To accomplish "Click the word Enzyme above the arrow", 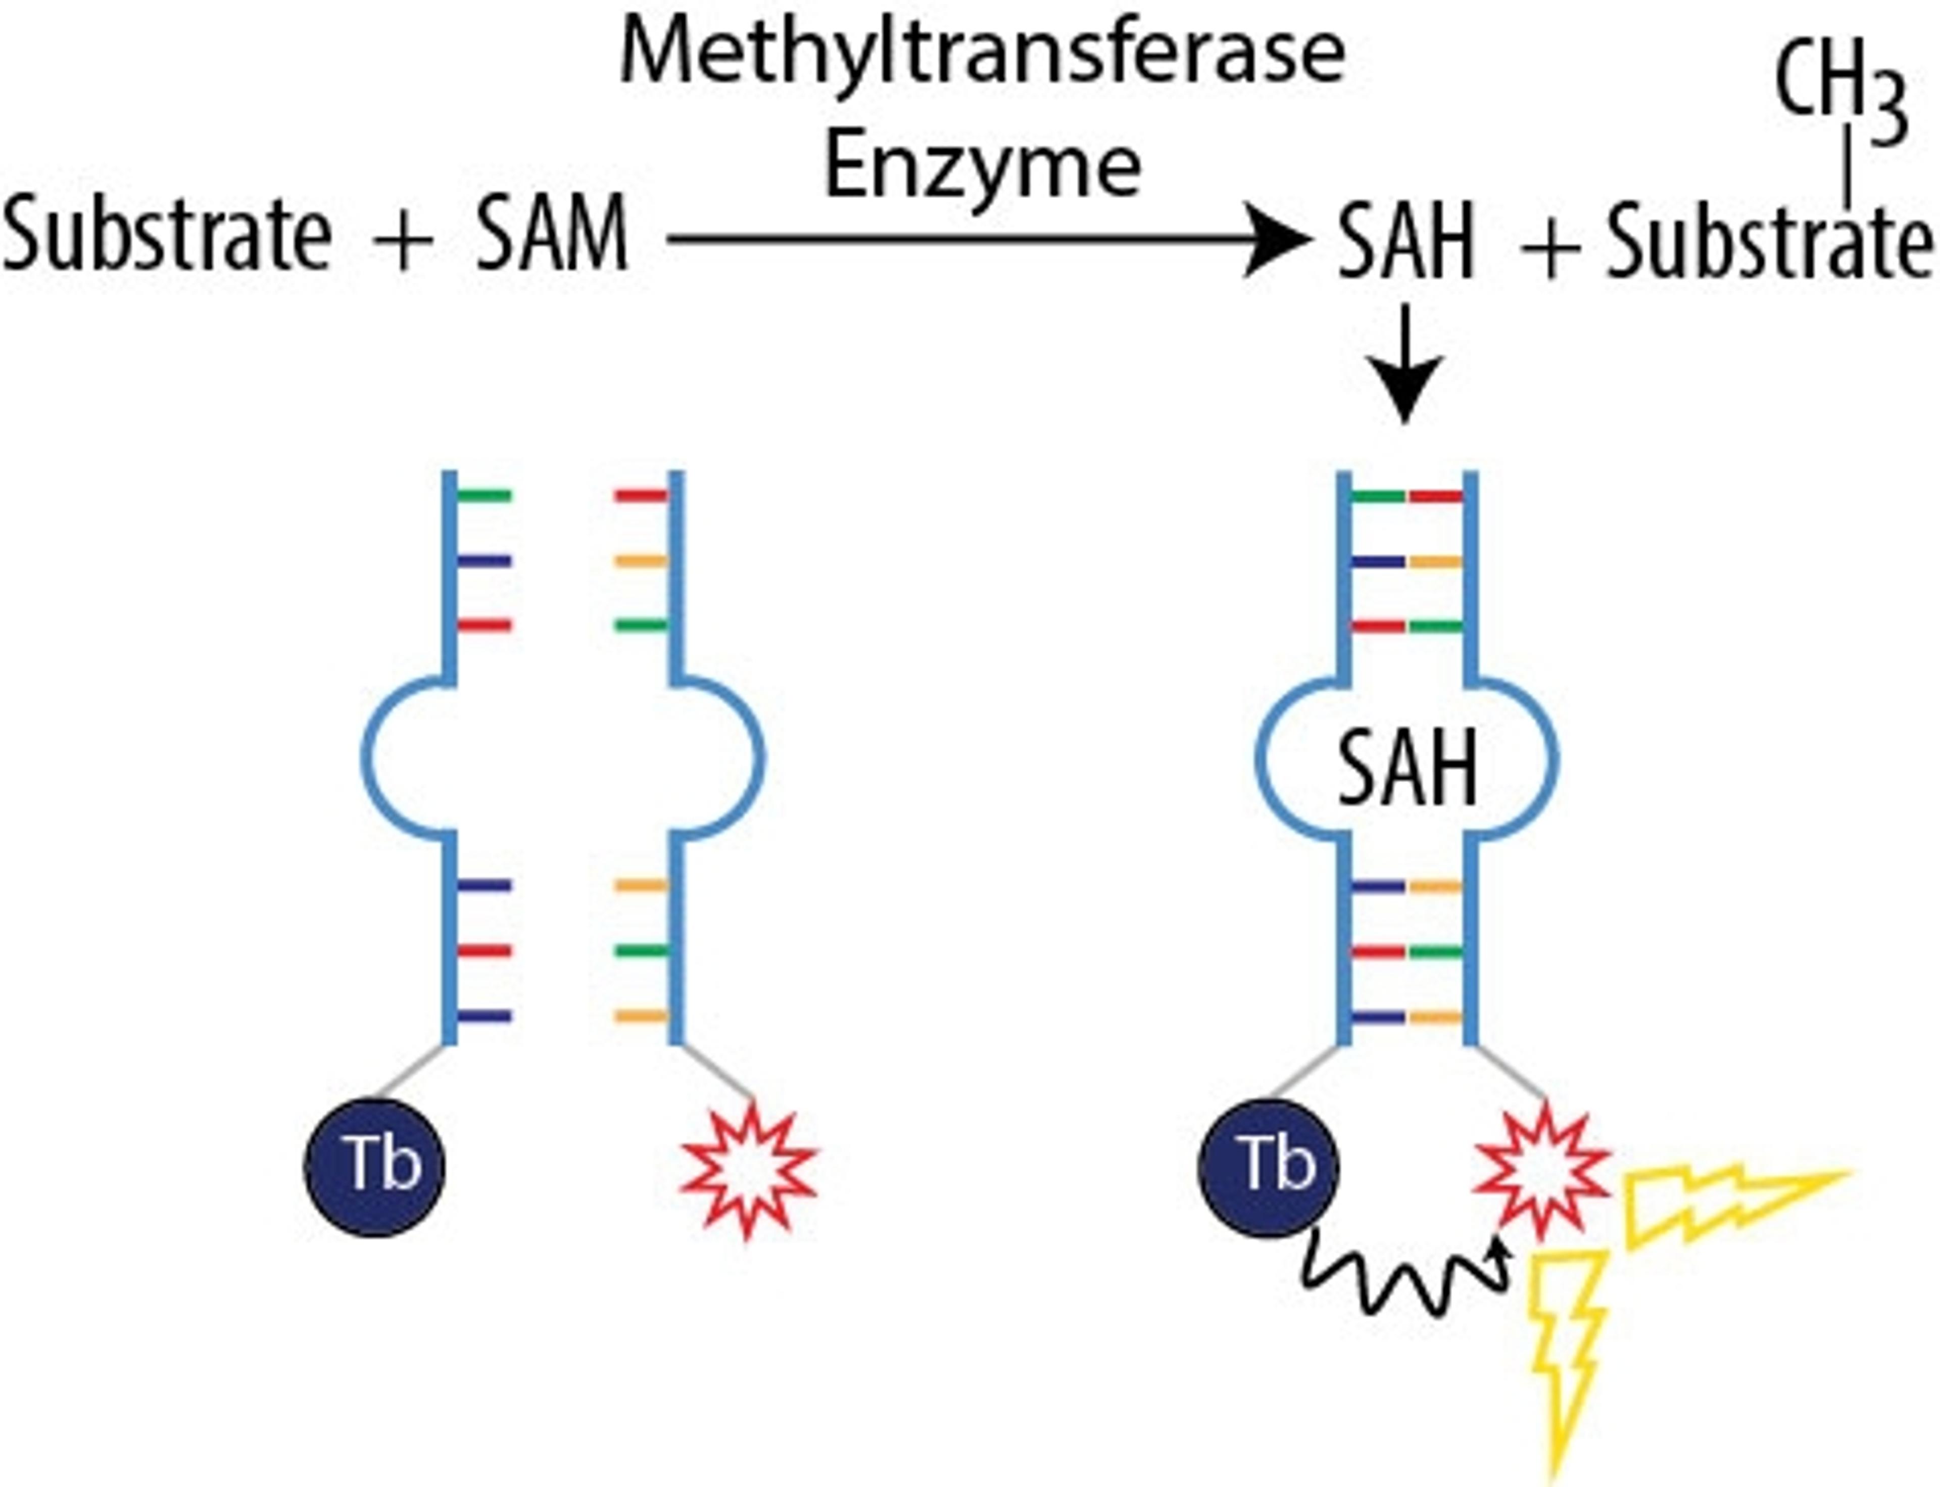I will (983, 168).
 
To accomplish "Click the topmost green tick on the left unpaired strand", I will (484, 496).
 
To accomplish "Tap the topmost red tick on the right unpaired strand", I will (641, 496).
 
